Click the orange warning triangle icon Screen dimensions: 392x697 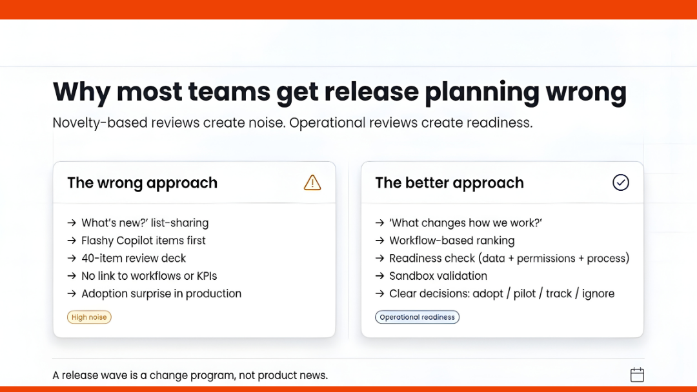[312, 182]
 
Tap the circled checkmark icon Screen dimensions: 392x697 [620, 182]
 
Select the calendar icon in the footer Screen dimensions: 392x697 [637, 375]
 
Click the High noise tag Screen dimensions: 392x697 [89, 317]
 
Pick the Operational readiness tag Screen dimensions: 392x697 [417, 317]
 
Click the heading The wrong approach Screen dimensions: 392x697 [142, 183]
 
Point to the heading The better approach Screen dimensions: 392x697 [449, 183]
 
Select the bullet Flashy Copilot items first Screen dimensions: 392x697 [143, 240]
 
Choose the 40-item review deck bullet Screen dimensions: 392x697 [134, 258]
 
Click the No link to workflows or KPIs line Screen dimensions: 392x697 [149, 276]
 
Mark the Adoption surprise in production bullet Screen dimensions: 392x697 [161, 293]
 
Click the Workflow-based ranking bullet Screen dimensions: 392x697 [452, 240]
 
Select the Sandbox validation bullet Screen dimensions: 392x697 [438, 276]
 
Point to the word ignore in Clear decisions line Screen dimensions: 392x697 [598, 293]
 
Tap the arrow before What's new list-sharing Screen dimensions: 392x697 [72, 223]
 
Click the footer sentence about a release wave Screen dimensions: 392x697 [190, 375]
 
